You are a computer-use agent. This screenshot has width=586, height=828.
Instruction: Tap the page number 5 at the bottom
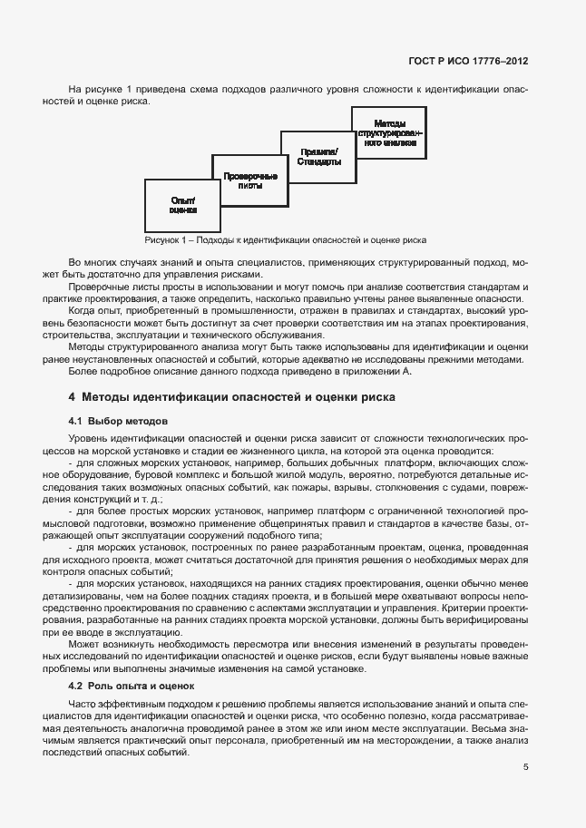pos(526,766)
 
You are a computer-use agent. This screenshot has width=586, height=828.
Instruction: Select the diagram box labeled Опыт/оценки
pos(181,204)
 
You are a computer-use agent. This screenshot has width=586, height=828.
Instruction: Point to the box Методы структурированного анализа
pos(389,132)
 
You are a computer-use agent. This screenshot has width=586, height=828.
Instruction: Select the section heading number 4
pos(72,396)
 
